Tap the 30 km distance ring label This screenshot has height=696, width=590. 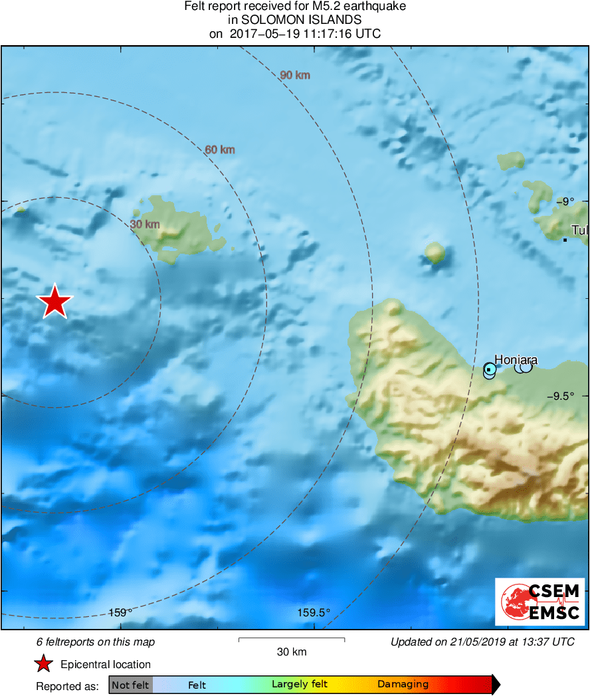145,224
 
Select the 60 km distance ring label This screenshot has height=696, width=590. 220,150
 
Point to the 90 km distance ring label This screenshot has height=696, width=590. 295,75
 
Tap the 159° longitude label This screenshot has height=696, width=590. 120,612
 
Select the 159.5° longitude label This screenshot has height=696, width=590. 314,612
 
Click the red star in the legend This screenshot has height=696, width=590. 44,664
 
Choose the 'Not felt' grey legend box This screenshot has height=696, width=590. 130,685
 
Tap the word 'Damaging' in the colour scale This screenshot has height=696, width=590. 403,685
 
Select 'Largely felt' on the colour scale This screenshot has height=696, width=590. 299,685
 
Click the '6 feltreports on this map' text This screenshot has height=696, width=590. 96,642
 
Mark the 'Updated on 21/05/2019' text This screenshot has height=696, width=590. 482,642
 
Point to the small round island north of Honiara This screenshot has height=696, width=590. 435,252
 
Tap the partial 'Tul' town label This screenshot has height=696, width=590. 579,231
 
